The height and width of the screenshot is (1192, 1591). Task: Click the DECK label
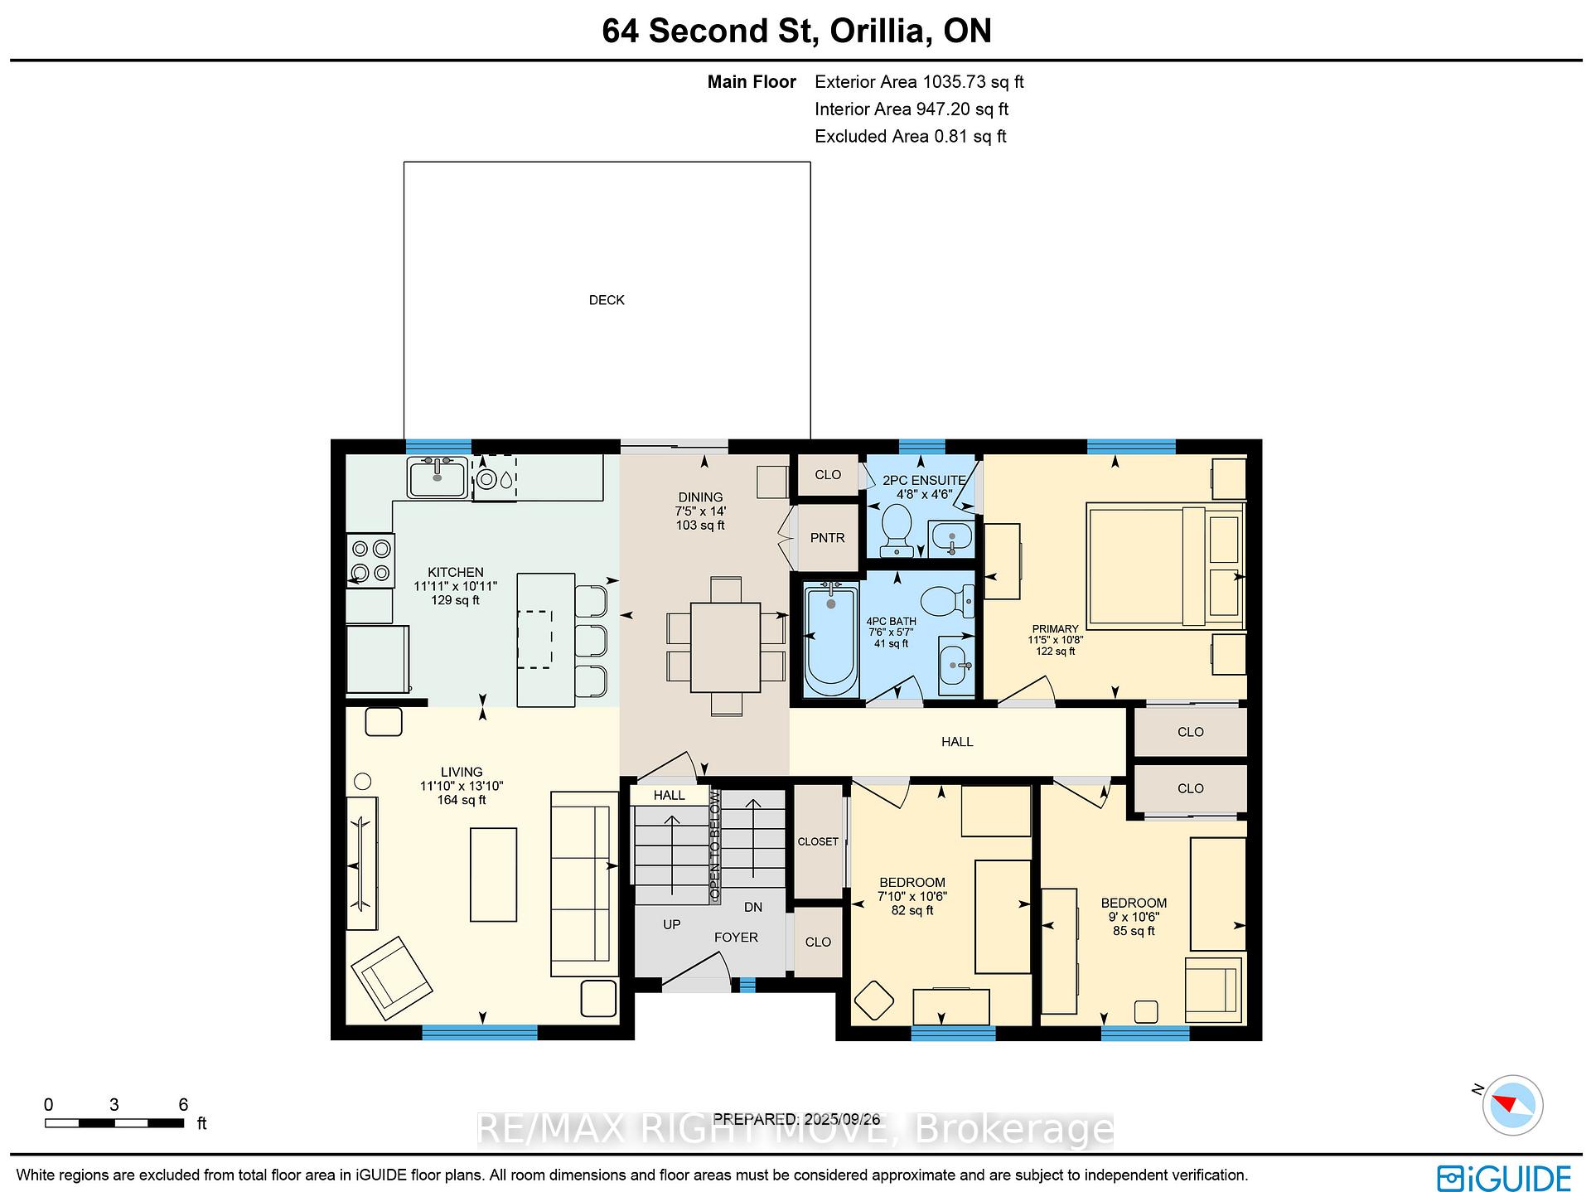pos(607,300)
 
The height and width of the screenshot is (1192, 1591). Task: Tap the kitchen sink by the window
pos(438,477)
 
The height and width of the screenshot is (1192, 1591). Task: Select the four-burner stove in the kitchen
pos(371,560)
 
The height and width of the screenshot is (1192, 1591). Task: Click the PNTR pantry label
pos(827,538)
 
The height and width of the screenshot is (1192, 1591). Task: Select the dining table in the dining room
pos(725,647)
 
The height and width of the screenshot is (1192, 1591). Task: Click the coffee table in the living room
pos(493,874)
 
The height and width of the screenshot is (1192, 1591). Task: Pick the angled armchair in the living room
pos(391,978)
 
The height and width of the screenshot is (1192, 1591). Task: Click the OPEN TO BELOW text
pos(714,846)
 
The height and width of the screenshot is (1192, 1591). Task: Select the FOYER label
pos(736,938)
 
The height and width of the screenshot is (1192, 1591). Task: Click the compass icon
pos(1513,1105)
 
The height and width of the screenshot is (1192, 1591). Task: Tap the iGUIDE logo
pos(1504,1178)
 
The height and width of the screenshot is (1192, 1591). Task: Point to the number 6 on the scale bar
pos(183,1104)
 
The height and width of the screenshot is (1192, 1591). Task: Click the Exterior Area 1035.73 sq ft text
pos(919,82)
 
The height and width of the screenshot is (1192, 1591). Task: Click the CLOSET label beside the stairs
pos(818,841)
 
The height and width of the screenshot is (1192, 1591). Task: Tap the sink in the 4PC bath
pos(956,665)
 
